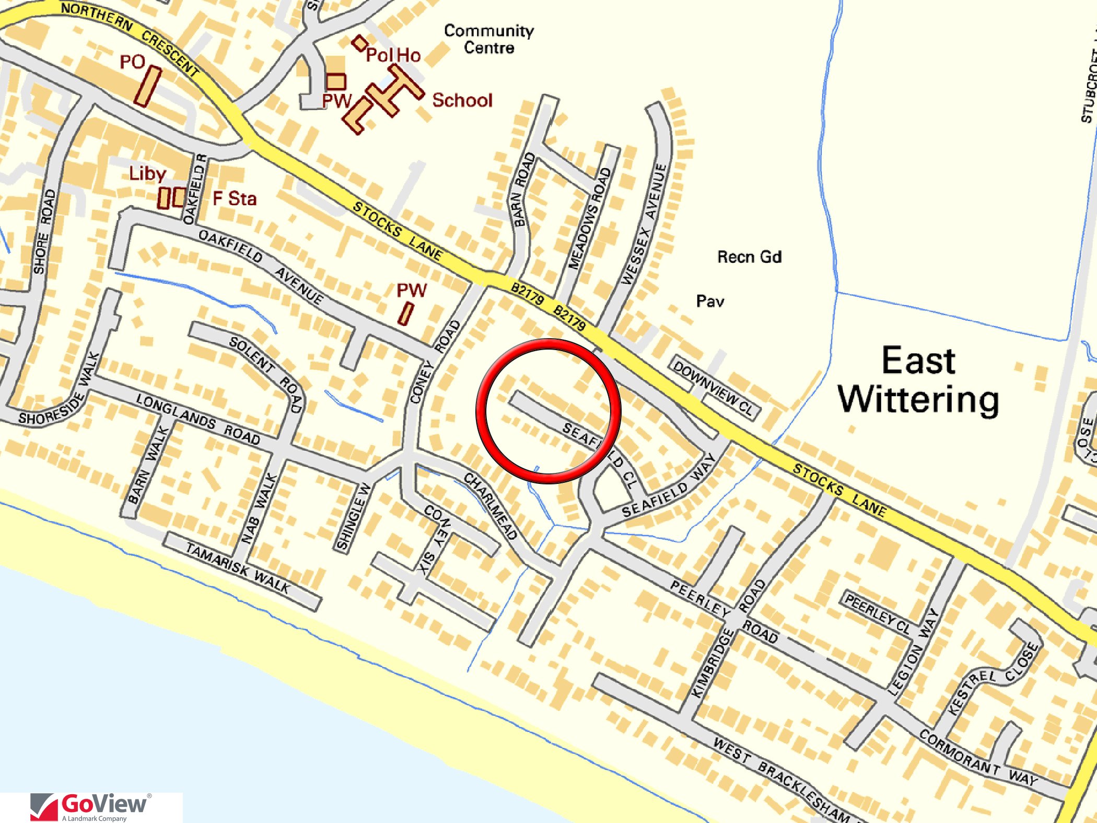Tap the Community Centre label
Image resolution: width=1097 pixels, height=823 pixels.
[x=489, y=39]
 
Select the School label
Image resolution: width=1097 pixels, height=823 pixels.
[x=462, y=100]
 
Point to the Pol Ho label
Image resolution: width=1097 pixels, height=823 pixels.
[x=393, y=55]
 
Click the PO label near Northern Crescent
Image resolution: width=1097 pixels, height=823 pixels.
[x=132, y=62]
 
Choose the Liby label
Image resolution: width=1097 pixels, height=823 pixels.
[x=147, y=173]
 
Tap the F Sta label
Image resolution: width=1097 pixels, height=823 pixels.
[x=235, y=199]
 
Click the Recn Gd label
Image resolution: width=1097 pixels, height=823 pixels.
[x=749, y=257]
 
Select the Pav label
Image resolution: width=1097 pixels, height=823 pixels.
[x=710, y=302]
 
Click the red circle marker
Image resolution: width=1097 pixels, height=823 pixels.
[x=548, y=411]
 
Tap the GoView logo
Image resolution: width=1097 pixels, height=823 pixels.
[x=91, y=806]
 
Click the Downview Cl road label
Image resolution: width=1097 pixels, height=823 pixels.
[x=714, y=387]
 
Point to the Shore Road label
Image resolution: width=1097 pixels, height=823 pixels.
[x=44, y=232]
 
